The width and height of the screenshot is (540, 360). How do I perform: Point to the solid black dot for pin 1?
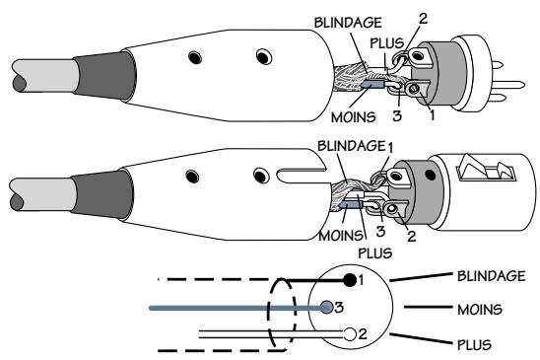(350, 280)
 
